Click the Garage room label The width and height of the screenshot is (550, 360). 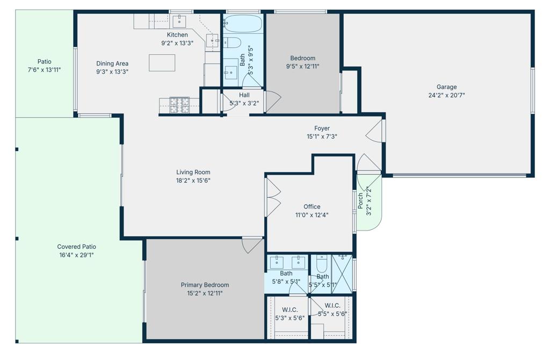(446, 87)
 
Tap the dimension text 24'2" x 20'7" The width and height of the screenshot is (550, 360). (446, 95)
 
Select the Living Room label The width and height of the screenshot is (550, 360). (193, 172)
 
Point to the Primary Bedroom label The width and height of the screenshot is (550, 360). (205, 285)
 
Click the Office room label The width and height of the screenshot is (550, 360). (312, 207)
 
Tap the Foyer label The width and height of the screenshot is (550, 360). (322, 128)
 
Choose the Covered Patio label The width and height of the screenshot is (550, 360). (76, 247)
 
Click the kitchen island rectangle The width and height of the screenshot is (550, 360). (162, 63)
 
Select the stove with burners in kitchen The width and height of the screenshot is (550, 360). (179, 105)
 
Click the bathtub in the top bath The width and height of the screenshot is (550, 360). (242, 24)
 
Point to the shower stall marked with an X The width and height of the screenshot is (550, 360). (342, 274)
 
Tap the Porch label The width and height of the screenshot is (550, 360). (360, 201)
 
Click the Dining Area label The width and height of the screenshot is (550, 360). (112, 63)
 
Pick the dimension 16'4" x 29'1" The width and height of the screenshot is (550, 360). (76, 255)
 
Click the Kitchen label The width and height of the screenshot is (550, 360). (177, 35)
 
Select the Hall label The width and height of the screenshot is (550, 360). (244, 95)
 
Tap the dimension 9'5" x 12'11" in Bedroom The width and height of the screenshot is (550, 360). (303, 66)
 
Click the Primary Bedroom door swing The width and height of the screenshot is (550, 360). (251, 245)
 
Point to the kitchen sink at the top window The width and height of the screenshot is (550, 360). (179, 21)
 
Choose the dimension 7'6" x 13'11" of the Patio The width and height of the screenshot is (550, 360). (44, 70)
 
